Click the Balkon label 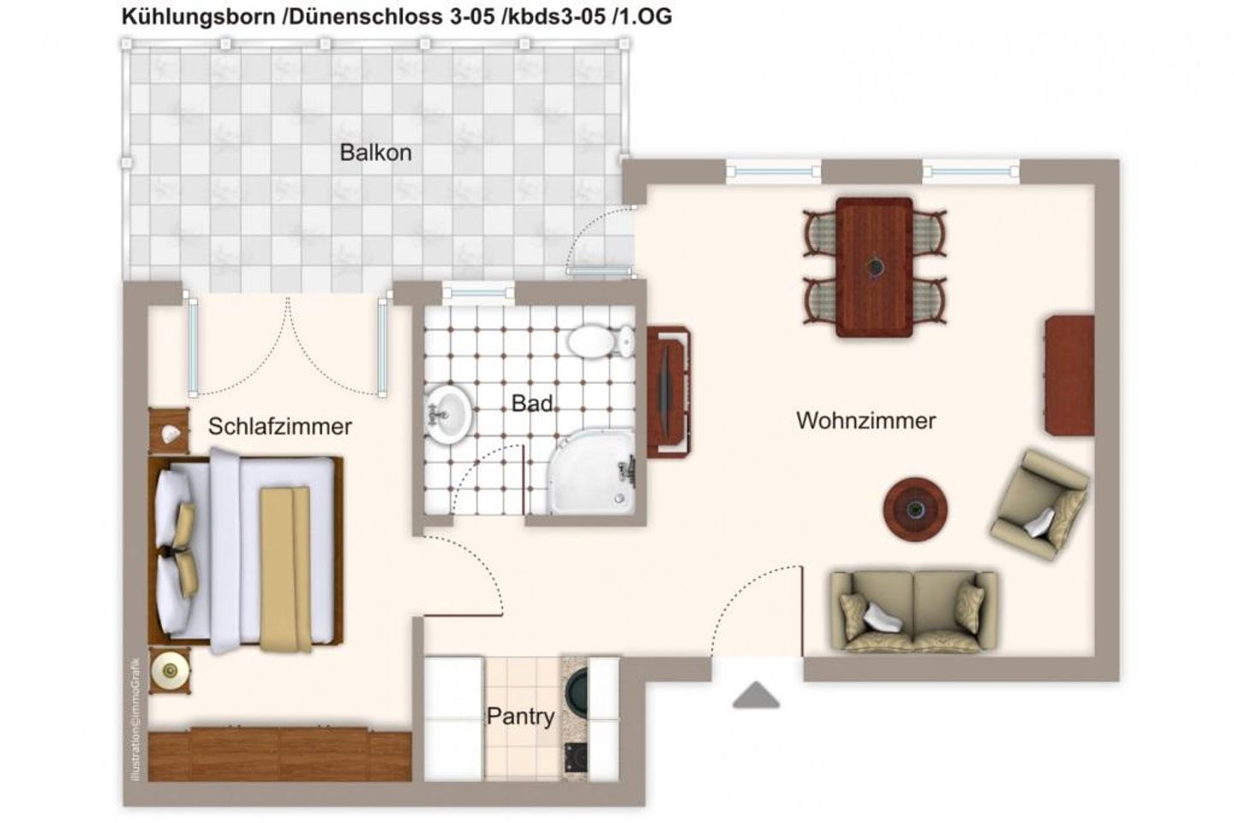point(375,153)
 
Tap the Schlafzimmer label point(279,426)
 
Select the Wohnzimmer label point(866,421)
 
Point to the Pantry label point(520,716)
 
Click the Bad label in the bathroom point(531,403)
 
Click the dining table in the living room point(874,267)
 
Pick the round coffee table point(915,509)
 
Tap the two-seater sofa point(914,610)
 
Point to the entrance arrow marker point(756,695)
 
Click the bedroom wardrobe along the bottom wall point(279,754)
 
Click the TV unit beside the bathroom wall point(668,392)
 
